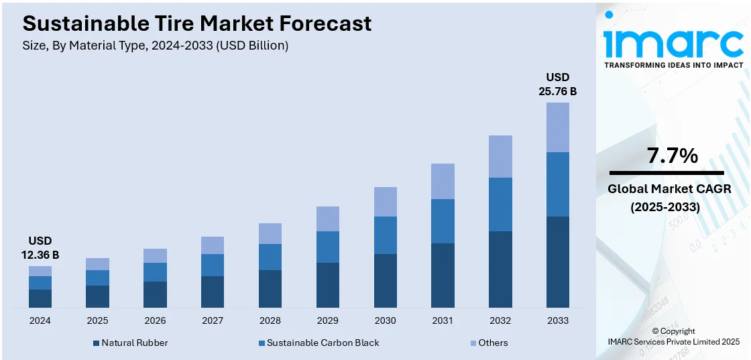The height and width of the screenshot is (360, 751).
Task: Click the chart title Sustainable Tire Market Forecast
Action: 196,24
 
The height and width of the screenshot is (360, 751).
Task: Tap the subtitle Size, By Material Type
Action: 156,46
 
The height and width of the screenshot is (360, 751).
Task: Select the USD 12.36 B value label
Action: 40,247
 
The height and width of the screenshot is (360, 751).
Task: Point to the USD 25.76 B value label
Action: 557,84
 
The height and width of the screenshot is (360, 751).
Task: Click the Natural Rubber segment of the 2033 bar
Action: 557,261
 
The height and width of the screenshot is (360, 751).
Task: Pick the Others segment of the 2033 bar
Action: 557,127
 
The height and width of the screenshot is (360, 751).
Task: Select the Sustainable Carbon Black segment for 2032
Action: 500,204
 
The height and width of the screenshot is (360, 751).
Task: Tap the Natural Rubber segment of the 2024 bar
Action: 40,298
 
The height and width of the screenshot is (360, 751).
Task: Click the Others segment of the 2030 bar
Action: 385,201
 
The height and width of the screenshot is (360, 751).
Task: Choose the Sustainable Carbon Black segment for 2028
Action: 270,257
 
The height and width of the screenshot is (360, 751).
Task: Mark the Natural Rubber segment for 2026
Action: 155,294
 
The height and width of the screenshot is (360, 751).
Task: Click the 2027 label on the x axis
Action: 213,320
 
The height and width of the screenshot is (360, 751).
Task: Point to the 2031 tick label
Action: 443,320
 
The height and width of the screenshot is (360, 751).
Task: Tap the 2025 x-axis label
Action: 97,320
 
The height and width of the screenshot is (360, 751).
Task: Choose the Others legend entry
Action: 487,343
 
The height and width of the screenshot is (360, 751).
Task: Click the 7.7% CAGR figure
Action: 672,156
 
